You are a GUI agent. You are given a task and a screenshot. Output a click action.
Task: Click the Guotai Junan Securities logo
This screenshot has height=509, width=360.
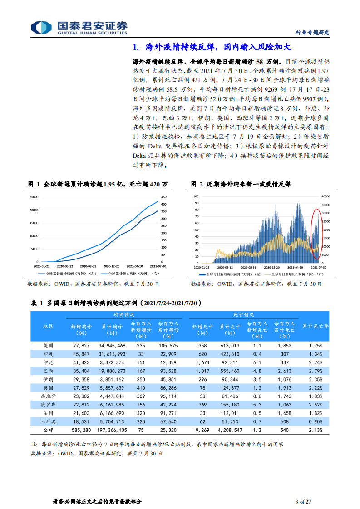tap(73, 27)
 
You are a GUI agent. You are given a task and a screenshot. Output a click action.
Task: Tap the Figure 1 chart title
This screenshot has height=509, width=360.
tap(98, 184)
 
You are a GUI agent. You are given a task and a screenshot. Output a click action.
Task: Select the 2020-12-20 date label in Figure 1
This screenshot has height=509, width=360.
tap(111, 267)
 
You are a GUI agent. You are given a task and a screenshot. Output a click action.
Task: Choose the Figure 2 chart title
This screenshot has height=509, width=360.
tap(241, 184)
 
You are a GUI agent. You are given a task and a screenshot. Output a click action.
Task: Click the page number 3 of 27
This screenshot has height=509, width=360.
tap(303, 501)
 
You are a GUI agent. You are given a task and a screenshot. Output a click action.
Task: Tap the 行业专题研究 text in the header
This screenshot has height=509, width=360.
tap(312, 32)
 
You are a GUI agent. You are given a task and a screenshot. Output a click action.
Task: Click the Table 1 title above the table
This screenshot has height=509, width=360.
tap(116, 303)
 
